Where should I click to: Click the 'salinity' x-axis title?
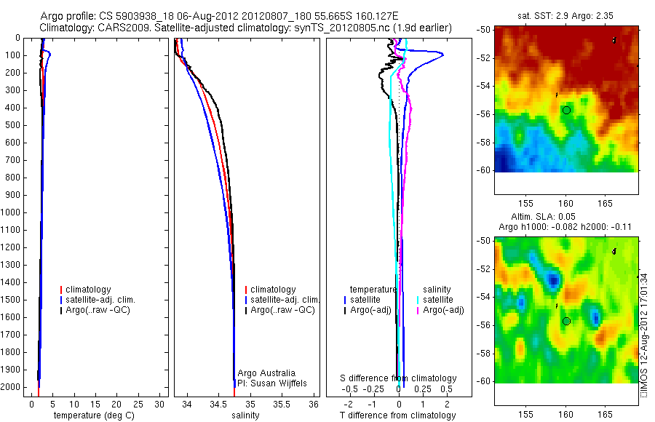click(245, 415)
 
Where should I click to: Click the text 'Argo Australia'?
click(266, 373)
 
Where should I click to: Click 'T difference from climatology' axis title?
click(397, 415)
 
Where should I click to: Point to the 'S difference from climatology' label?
click(399, 378)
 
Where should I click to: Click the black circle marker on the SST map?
click(566, 109)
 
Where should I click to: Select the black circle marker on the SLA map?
click(566, 321)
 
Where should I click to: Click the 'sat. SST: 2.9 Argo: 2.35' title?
click(565, 15)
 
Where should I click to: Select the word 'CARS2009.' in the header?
click(121, 28)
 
